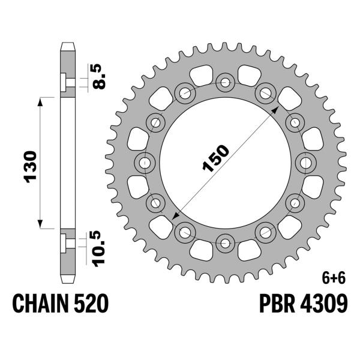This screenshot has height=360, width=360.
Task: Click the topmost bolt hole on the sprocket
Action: [x=226, y=81]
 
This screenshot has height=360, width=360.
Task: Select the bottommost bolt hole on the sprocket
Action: [x=226, y=243]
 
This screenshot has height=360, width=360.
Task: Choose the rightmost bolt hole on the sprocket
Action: [x=307, y=162]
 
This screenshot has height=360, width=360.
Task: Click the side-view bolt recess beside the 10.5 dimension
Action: [x=64, y=243]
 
